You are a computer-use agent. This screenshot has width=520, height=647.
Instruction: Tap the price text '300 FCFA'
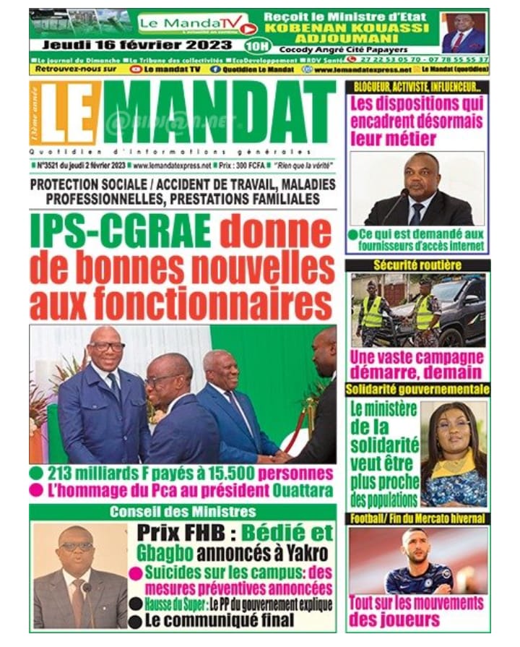[x=258, y=166]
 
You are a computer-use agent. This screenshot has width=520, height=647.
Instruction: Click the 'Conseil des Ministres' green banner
[x=182, y=513]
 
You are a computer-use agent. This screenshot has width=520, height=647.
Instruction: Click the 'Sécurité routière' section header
[x=417, y=265]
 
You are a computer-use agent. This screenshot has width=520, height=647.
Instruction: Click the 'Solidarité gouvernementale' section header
[x=417, y=390]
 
